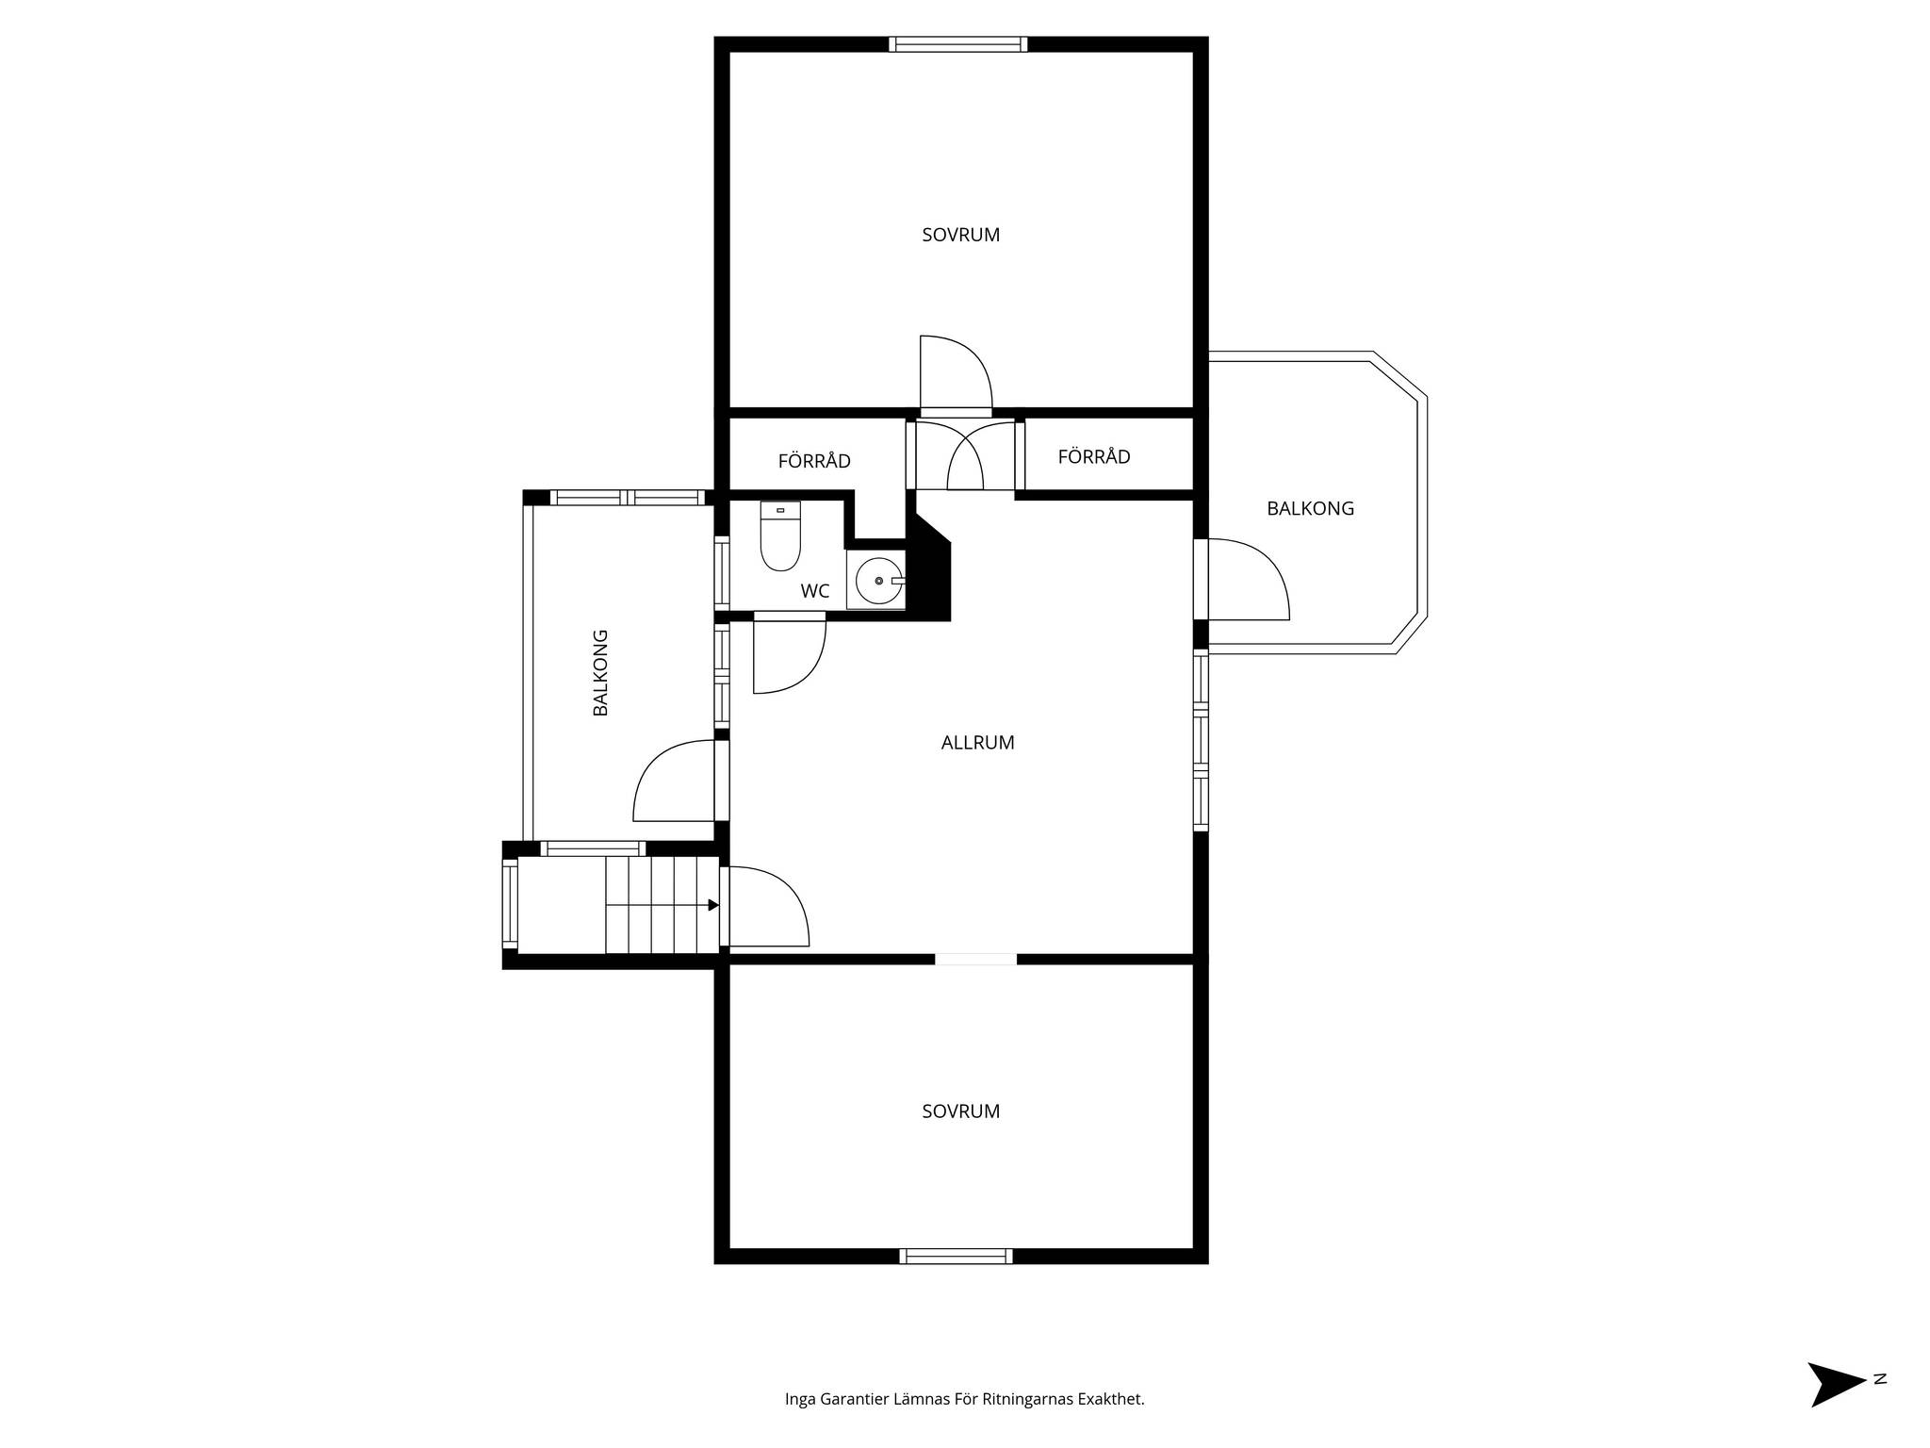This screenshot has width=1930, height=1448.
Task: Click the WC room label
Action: (x=815, y=591)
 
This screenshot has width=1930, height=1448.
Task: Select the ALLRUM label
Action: (x=977, y=743)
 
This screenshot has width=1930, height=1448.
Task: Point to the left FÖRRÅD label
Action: (x=814, y=460)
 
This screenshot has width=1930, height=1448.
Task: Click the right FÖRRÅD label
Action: (x=1094, y=456)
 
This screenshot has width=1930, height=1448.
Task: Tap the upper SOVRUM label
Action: (x=960, y=235)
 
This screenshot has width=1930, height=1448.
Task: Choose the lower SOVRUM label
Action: (x=960, y=1111)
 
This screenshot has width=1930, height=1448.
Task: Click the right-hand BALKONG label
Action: (x=1310, y=508)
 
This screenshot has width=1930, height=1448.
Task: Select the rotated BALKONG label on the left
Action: (x=600, y=672)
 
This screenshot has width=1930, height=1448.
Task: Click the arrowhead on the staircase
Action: (x=713, y=905)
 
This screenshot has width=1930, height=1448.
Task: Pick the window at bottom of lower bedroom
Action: (x=956, y=1256)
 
